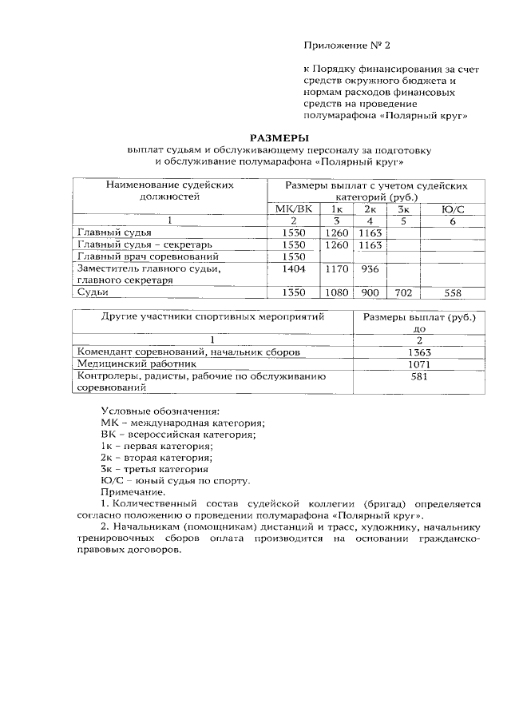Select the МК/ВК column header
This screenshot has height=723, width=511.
coord(293,209)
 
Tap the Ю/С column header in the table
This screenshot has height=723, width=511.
coord(452,209)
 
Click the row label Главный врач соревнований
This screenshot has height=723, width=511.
coord(147,256)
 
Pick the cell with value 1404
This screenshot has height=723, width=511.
coord(295,270)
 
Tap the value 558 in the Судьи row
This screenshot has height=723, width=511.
coord(453,293)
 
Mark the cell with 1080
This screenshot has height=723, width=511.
coord(338,293)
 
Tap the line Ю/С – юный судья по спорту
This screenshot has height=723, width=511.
coord(176,481)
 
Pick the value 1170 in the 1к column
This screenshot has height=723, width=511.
coord(338,270)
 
